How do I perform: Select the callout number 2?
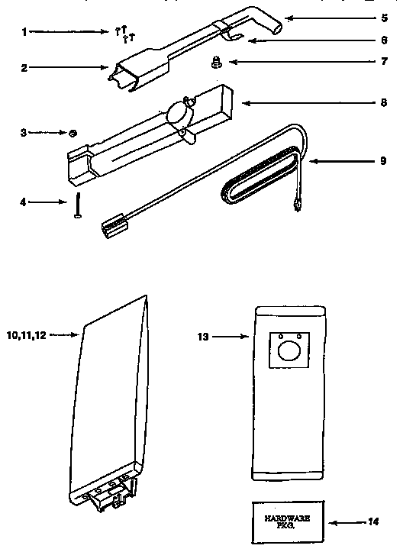point(24,67)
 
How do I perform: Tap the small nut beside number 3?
point(71,133)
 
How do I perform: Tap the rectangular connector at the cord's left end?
point(113,224)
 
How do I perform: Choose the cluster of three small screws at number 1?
point(124,32)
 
